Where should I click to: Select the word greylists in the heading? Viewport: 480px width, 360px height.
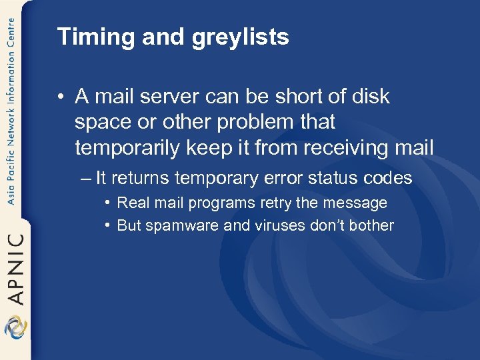(241, 37)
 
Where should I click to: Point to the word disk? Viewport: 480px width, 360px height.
(370, 97)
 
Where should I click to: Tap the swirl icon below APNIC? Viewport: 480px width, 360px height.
(15, 327)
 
